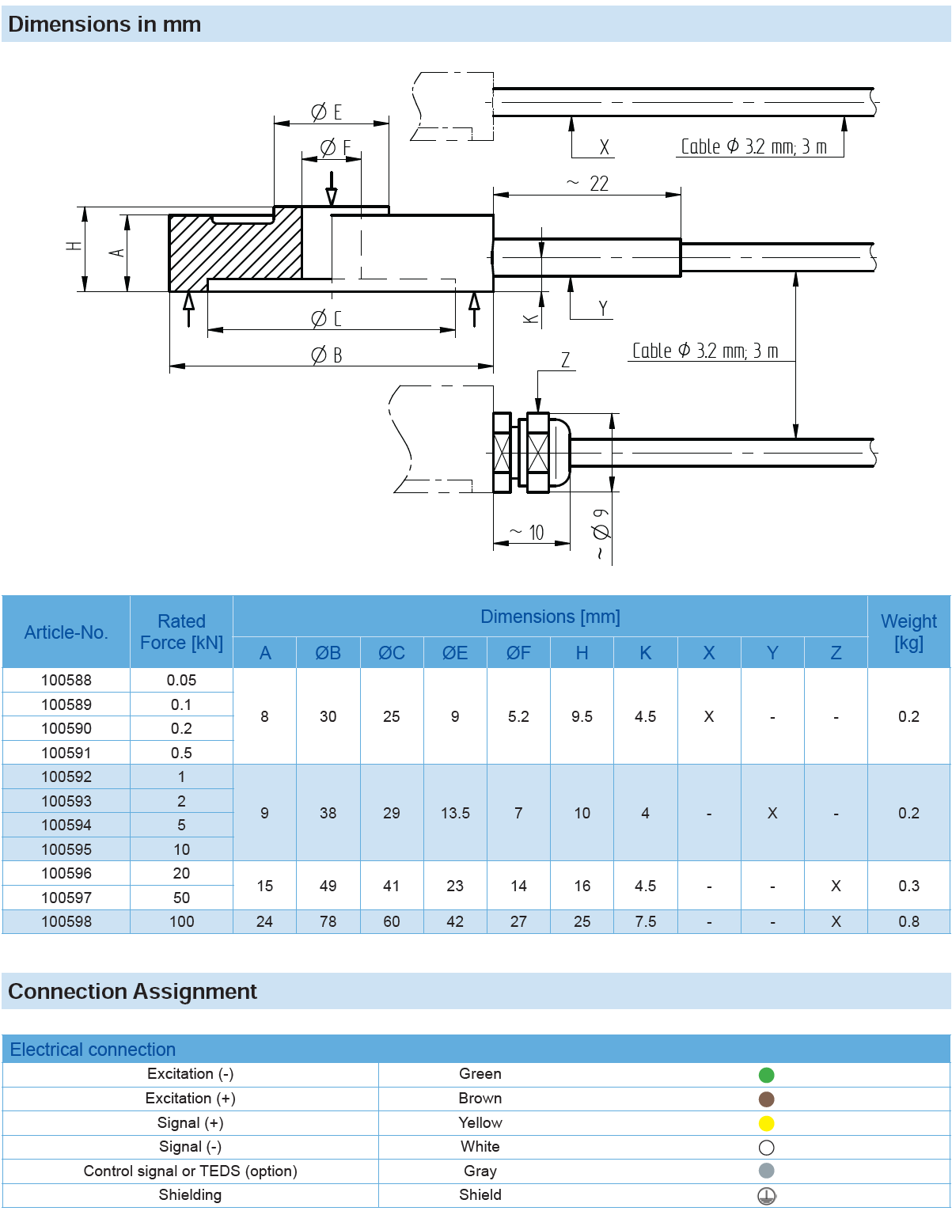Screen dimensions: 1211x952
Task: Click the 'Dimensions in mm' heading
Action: click(x=104, y=25)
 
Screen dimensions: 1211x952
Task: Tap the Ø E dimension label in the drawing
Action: click(x=326, y=112)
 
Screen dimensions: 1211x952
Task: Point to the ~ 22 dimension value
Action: click(x=588, y=184)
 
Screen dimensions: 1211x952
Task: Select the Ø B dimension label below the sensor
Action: click(x=326, y=355)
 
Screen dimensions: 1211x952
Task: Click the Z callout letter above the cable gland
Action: click(x=565, y=361)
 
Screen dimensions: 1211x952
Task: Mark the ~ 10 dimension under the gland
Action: click(x=528, y=533)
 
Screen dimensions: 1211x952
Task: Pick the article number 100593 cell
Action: click(x=66, y=801)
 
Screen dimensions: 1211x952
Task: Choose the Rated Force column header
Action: click(x=181, y=632)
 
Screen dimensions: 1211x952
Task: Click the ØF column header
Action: click(x=518, y=653)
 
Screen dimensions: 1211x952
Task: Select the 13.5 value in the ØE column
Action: click(x=455, y=813)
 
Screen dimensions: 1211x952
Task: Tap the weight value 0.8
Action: click(x=908, y=921)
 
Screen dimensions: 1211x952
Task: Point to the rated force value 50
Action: click(x=181, y=898)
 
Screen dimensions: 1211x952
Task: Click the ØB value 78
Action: click(x=328, y=921)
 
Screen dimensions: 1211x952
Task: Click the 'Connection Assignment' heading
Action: click(x=132, y=991)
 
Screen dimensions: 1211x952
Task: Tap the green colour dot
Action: click(x=766, y=1075)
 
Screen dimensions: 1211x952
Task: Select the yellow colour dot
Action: click(x=766, y=1123)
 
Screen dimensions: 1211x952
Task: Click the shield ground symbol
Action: click(x=766, y=1196)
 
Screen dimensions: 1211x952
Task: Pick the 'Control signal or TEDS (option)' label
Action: click(x=190, y=1171)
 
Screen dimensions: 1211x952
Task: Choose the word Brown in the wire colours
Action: click(x=480, y=1099)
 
